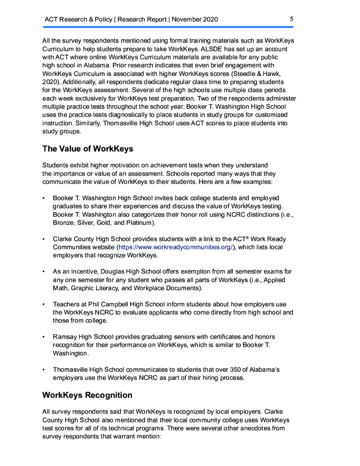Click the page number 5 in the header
click(x=291, y=19)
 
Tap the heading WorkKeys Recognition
click(x=87, y=395)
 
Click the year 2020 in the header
click(x=210, y=19)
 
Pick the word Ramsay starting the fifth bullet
click(x=64, y=337)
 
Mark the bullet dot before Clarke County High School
click(x=43, y=239)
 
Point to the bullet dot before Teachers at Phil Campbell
click(x=43, y=304)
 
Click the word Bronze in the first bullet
click(x=63, y=223)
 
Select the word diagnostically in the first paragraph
click(x=121, y=115)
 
